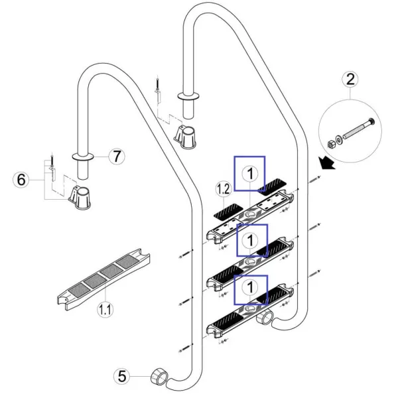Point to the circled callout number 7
(116, 157)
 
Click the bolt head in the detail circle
(369, 122)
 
